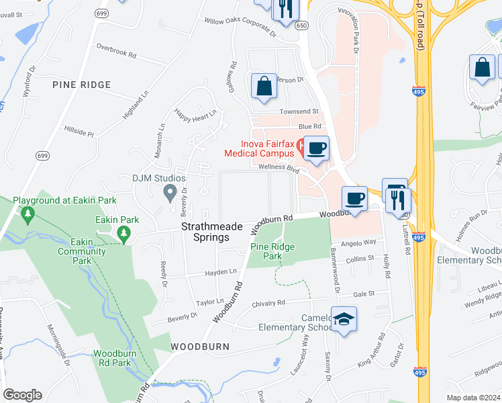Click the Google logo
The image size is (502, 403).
click(22, 395)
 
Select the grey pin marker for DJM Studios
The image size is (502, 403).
click(170, 193)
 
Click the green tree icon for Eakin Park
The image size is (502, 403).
click(123, 233)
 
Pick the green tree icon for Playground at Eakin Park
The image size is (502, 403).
click(28, 214)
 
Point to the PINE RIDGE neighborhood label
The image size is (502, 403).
click(81, 85)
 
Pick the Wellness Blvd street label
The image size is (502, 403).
click(279, 168)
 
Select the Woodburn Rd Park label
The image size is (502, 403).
click(112, 358)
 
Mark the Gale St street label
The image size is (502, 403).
click(362, 294)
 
